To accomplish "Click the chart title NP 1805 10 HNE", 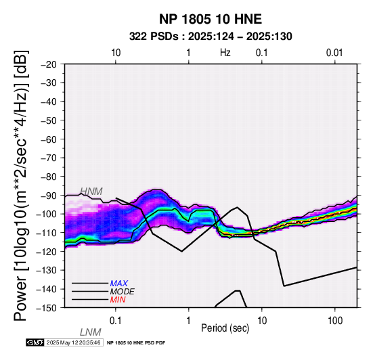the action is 211,19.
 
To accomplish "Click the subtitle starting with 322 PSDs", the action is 211,37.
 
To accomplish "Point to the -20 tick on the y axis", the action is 49,64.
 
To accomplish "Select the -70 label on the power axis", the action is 49,158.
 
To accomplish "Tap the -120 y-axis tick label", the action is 47,252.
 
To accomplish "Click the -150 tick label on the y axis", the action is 47,308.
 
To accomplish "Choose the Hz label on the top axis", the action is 225,53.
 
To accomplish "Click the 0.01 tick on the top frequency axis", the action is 334,53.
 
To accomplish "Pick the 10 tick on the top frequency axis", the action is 116,53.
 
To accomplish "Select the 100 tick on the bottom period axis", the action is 335,321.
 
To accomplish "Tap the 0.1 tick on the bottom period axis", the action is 116,321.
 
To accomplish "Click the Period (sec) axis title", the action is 225,328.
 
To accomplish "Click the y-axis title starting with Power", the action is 21,185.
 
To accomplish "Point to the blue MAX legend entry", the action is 119,284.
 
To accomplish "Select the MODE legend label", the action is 123,292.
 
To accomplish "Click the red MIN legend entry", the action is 118,300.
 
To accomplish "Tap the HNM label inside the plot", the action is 91,192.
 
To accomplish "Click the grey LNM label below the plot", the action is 91,332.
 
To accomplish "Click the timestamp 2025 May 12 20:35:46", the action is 73,342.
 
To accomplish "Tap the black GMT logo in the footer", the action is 35,342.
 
